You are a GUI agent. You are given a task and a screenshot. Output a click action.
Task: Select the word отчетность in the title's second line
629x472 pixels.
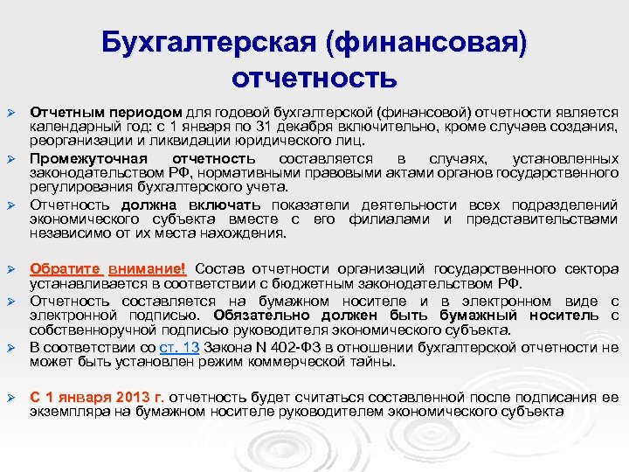tap(314, 78)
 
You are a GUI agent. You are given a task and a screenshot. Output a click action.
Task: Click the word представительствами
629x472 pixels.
tap(542, 219)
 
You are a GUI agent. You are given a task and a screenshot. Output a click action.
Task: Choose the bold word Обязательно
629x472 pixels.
tap(252, 315)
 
